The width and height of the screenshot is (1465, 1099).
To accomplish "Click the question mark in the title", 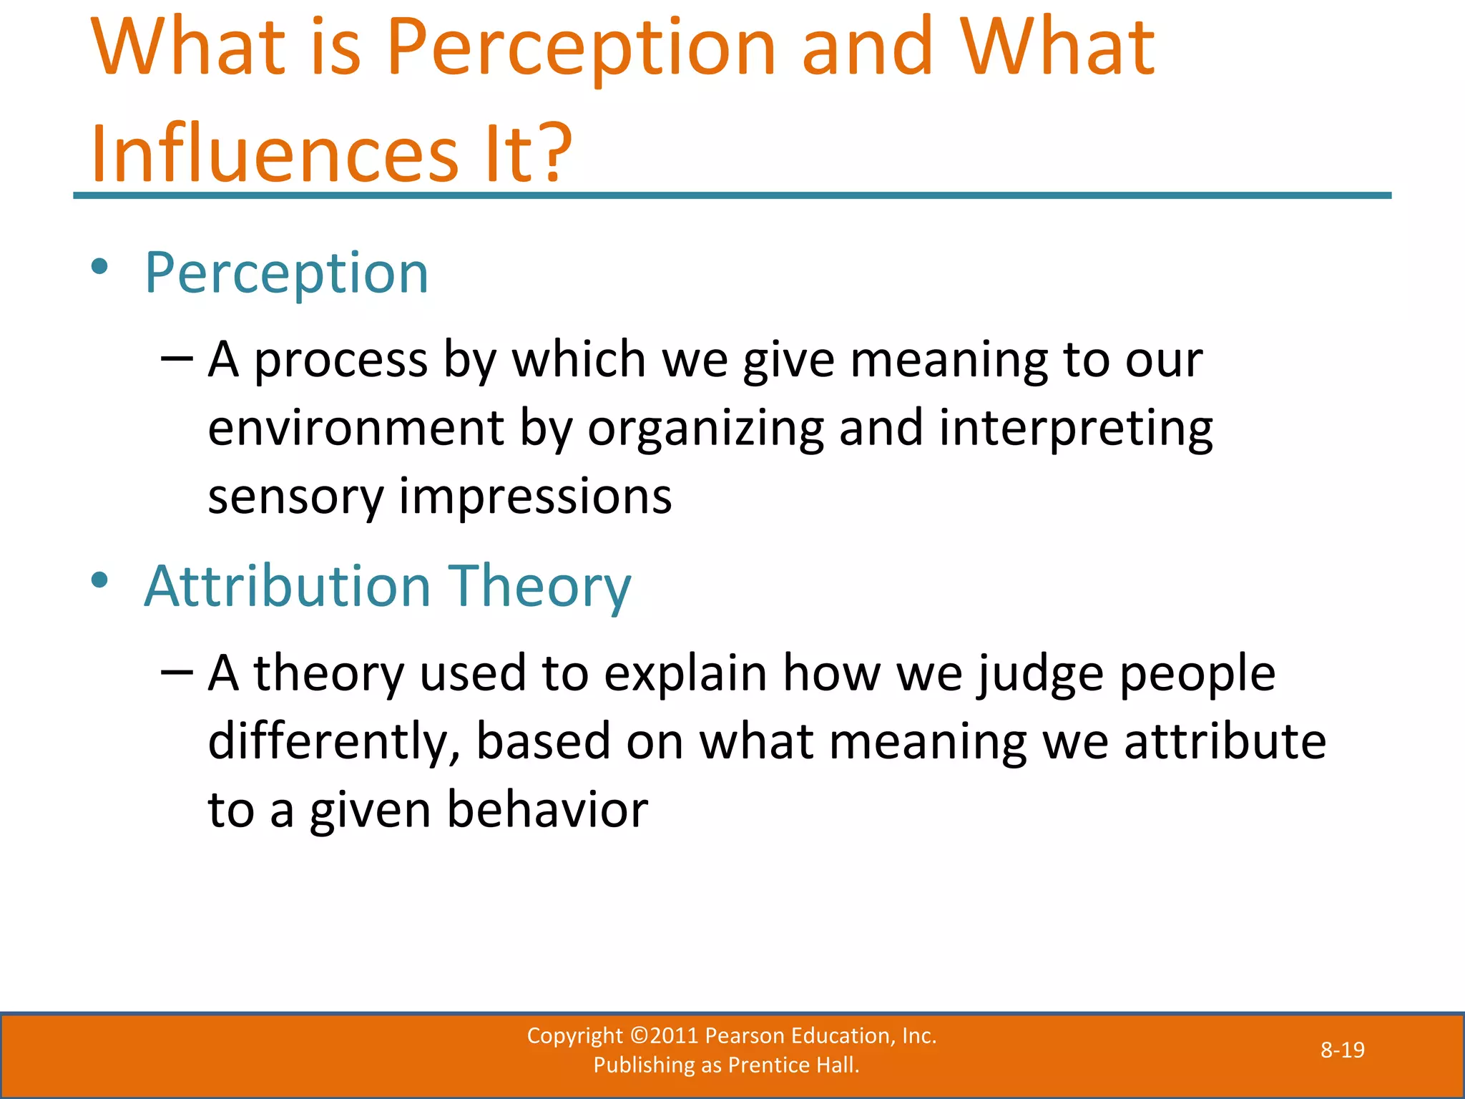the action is coord(552,152).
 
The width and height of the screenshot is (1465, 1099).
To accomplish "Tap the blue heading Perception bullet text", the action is coord(286,273).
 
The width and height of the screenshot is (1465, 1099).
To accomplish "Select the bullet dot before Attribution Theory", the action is coord(100,580).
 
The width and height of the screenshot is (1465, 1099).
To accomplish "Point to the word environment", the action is coord(356,428).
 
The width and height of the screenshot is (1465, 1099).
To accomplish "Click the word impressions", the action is coord(535,497).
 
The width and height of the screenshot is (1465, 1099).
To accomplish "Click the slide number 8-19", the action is coord(1342,1050).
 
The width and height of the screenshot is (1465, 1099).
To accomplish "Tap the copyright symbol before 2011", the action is coord(639,1035).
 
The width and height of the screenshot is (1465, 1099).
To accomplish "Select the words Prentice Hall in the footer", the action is coord(793,1065).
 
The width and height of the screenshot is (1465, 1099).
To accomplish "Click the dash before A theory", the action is coord(177,671).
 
